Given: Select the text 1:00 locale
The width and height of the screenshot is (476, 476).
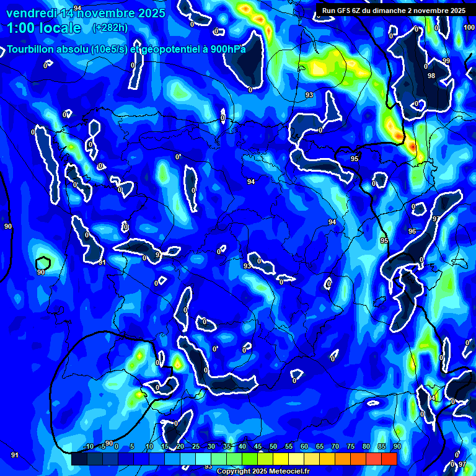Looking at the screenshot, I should (44, 28).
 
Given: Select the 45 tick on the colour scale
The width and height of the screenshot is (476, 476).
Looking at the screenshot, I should (257, 446).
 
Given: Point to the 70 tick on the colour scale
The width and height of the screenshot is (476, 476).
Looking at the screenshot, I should (335, 446).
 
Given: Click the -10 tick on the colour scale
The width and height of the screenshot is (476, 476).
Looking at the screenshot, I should (87, 446).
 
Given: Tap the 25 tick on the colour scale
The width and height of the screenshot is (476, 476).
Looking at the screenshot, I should (195, 446).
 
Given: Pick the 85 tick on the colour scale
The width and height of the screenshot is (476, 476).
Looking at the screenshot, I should (381, 446).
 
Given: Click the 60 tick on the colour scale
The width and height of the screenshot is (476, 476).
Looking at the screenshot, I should (304, 446).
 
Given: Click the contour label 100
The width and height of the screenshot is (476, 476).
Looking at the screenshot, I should (469, 28).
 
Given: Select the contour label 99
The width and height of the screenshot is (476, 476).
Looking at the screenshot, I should (446, 61).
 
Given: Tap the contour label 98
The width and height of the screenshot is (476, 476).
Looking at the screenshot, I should (431, 76).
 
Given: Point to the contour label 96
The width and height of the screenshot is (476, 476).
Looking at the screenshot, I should (412, 231).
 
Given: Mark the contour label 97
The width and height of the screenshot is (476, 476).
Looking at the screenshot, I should (462, 464).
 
